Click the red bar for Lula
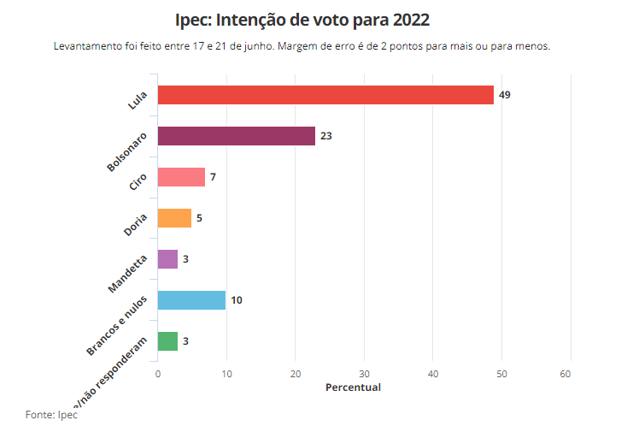pyautogui.click(x=325, y=95)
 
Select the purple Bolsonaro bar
pyautogui.click(x=237, y=136)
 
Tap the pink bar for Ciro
pyautogui.click(x=181, y=177)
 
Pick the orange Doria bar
pyautogui.click(x=174, y=218)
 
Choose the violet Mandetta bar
pyautogui.click(x=167, y=259)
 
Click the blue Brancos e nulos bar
pyautogui.click(x=191, y=300)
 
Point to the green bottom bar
pyautogui.click(x=167, y=341)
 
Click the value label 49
pyautogui.click(x=505, y=95)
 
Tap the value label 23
pyautogui.click(x=325, y=136)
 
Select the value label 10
pyautogui.click(x=237, y=300)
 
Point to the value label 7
pyautogui.click(x=213, y=177)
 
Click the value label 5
pyautogui.click(x=199, y=218)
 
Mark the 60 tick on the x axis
pyautogui.click(x=565, y=374)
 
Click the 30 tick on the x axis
pyautogui.click(x=365, y=374)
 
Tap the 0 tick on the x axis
pyautogui.click(x=158, y=374)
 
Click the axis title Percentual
pyautogui.click(x=354, y=388)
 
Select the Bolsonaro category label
pyautogui.click(x=127, y=151)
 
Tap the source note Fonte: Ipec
pyautogui.click(x=51, y=414)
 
